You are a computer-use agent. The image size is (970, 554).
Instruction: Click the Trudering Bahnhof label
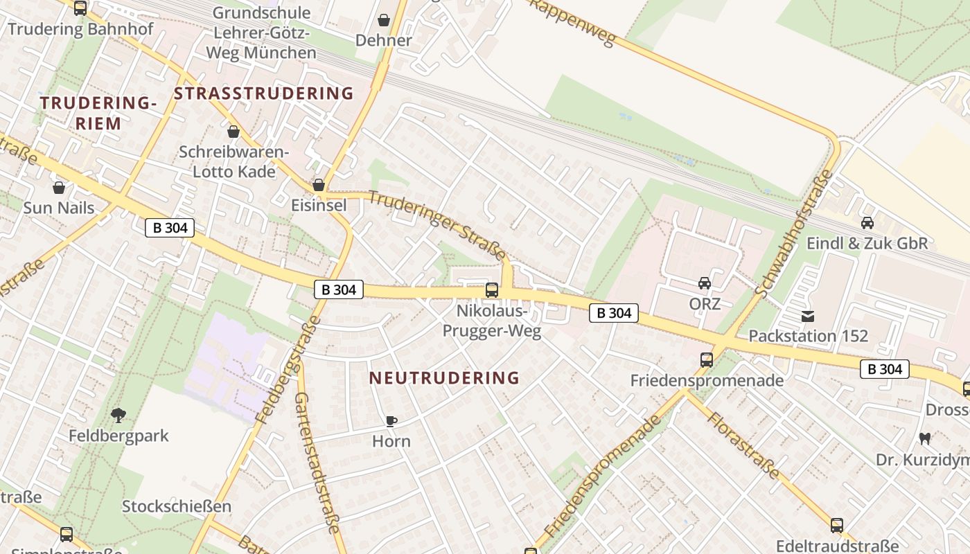click(80, 29)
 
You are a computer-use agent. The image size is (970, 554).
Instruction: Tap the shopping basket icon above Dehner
click(384, 20)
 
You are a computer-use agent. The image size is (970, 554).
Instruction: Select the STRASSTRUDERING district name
click(263, 93)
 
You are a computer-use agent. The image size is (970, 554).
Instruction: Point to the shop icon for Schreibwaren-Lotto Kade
click(233, 132)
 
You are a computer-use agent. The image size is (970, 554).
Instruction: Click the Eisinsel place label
click(319, 205)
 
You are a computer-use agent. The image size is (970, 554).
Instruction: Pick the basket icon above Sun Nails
click(59, 188)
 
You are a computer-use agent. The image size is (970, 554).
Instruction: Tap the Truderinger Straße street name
click(436, 226)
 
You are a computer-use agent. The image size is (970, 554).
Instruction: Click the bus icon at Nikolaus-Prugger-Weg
click(491, 290)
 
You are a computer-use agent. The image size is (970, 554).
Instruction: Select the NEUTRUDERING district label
click(444, 378)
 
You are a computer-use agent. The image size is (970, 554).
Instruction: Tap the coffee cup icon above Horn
click(391, 421)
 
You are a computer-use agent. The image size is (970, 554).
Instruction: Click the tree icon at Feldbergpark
click(118, 415)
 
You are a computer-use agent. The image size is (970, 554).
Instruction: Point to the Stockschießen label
click(177, 506)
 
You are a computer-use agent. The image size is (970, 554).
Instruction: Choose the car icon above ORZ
click(705, 283)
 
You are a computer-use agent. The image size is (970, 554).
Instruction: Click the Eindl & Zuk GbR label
click(867, 243)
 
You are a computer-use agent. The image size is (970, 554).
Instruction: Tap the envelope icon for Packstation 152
click(808, 316)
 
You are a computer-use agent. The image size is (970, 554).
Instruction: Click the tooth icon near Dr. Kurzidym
click(924, 438)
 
